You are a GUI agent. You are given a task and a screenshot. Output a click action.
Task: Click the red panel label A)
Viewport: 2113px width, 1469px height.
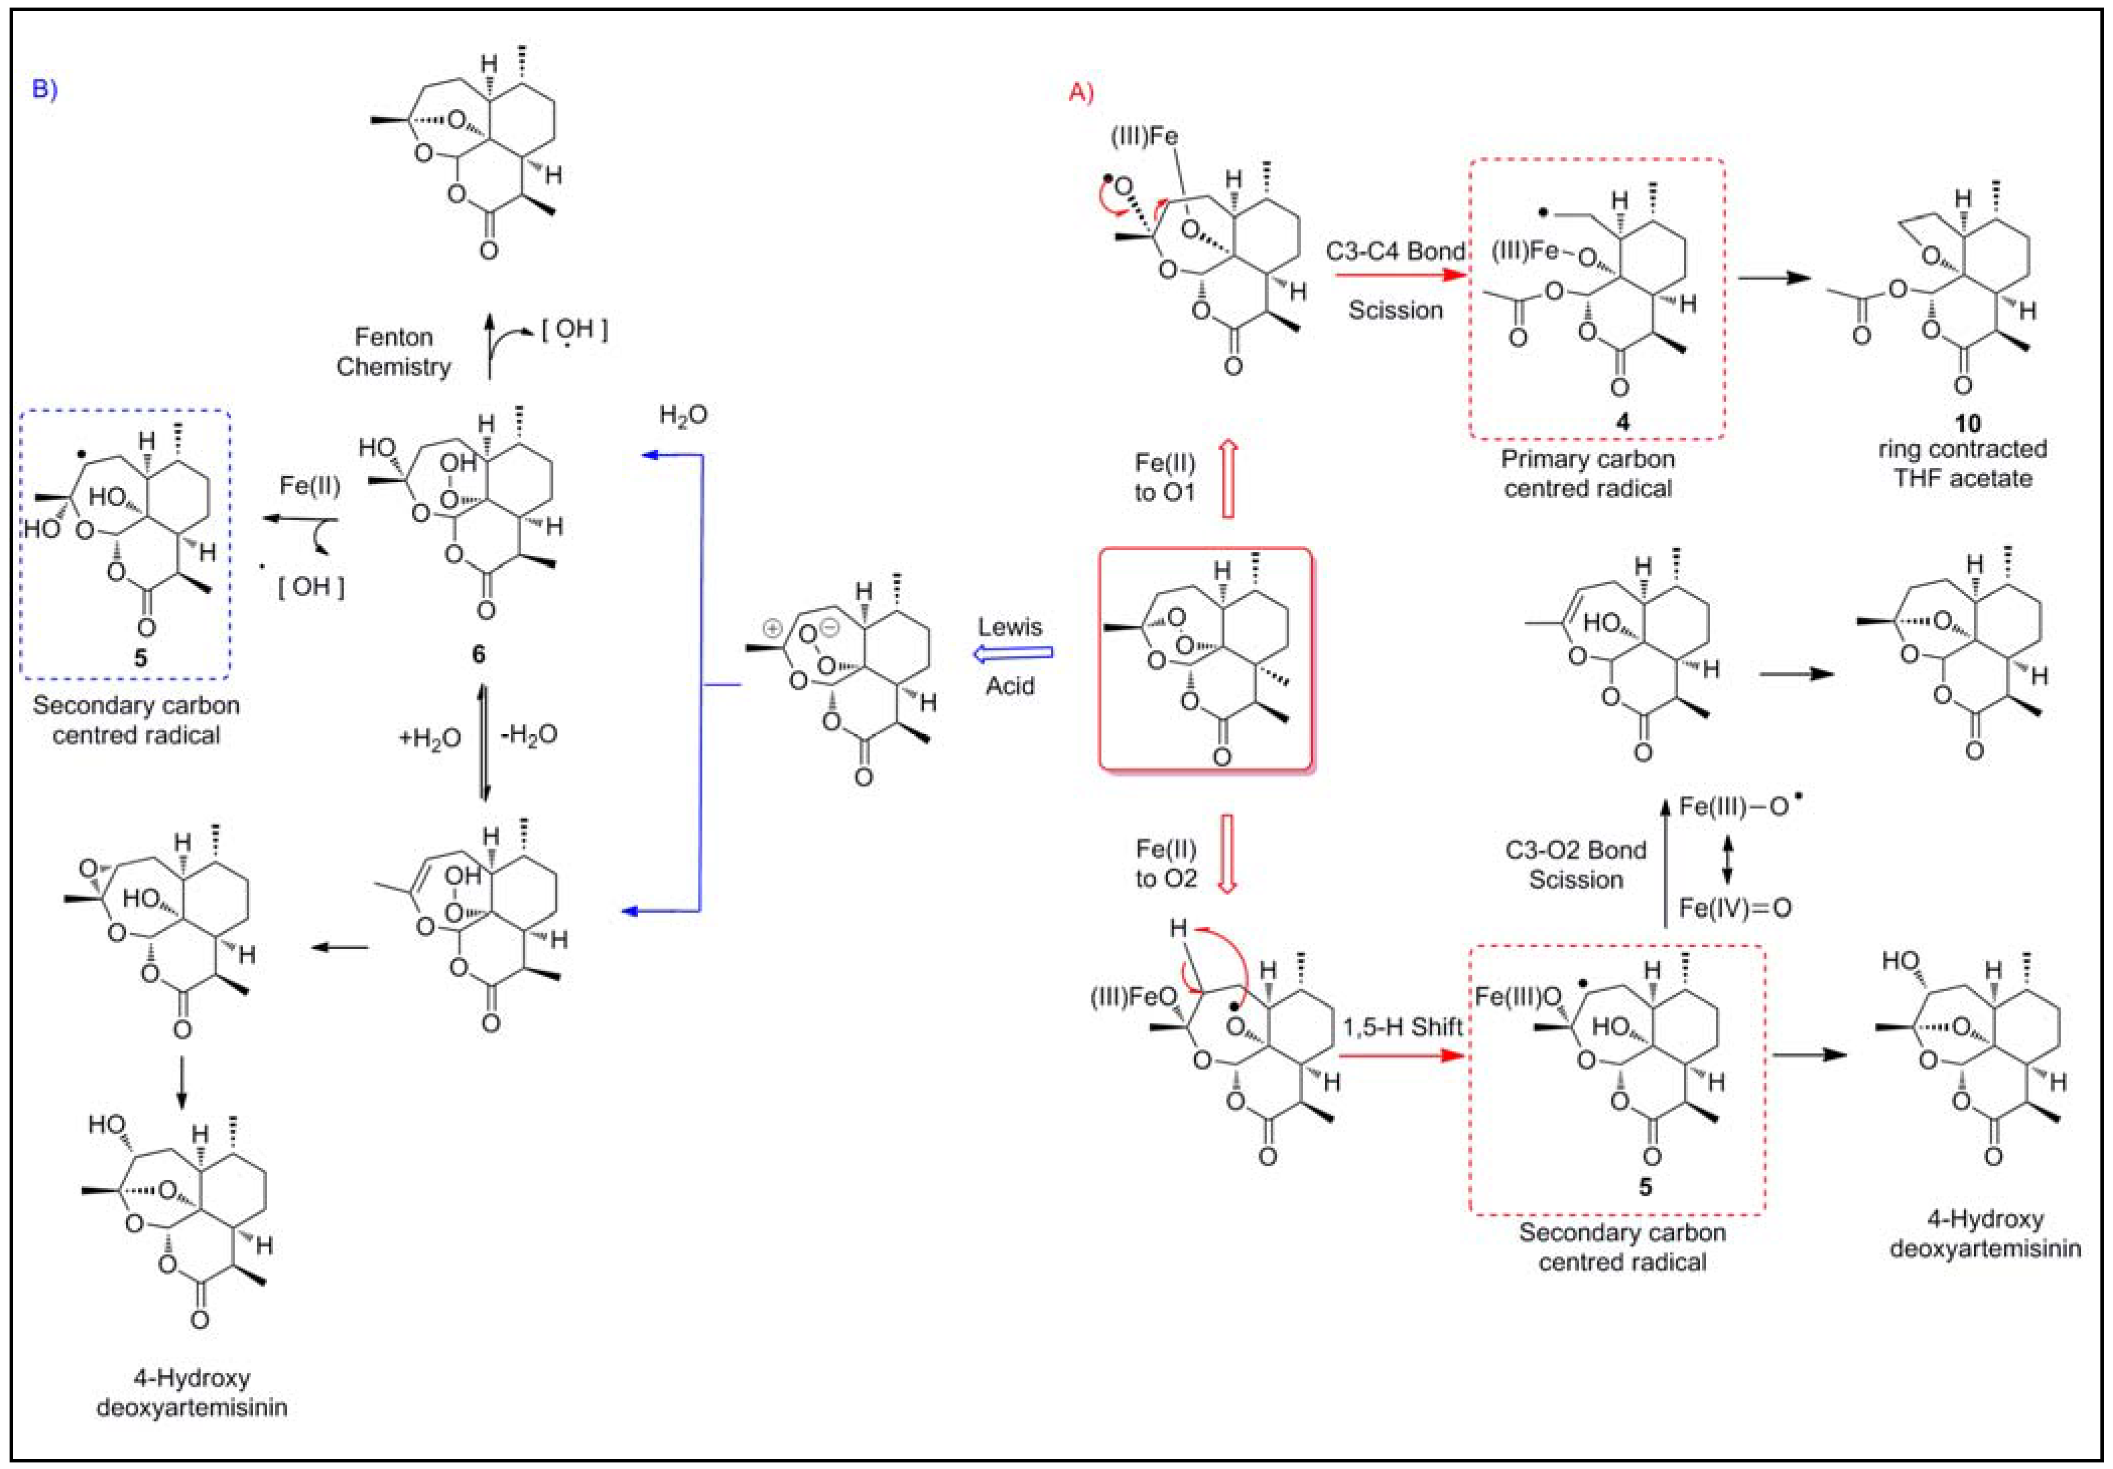coord(1081,92)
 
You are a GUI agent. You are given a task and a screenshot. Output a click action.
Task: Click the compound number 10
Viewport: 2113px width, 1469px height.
coord(1967,424)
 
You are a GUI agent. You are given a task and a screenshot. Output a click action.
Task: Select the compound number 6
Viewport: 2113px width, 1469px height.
coord(477,655)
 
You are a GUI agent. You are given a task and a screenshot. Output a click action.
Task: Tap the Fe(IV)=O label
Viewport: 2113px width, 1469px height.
coord(1735,909)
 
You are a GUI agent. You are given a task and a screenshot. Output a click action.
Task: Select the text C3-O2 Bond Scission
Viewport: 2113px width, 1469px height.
coord(1576,864)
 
